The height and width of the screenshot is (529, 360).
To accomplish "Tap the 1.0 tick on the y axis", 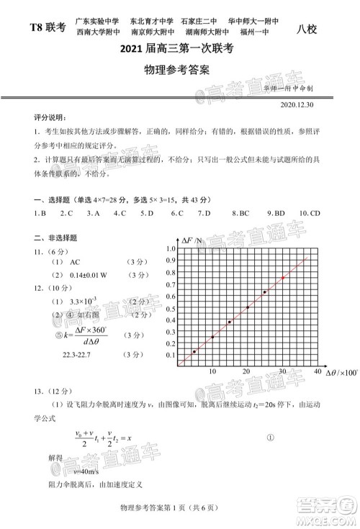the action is pyautogui.click(x=170, y=249).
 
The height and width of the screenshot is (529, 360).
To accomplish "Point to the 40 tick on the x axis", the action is pyautogui.click(x=318, y=371).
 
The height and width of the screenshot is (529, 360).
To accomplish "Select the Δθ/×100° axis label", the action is pyautogui.click(x=342, y=373).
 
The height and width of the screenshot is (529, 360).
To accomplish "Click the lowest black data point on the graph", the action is pyautogui.click(x=194, y=351).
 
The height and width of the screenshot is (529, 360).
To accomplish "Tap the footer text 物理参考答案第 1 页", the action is pyautogui.click(x=155, y=510).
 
